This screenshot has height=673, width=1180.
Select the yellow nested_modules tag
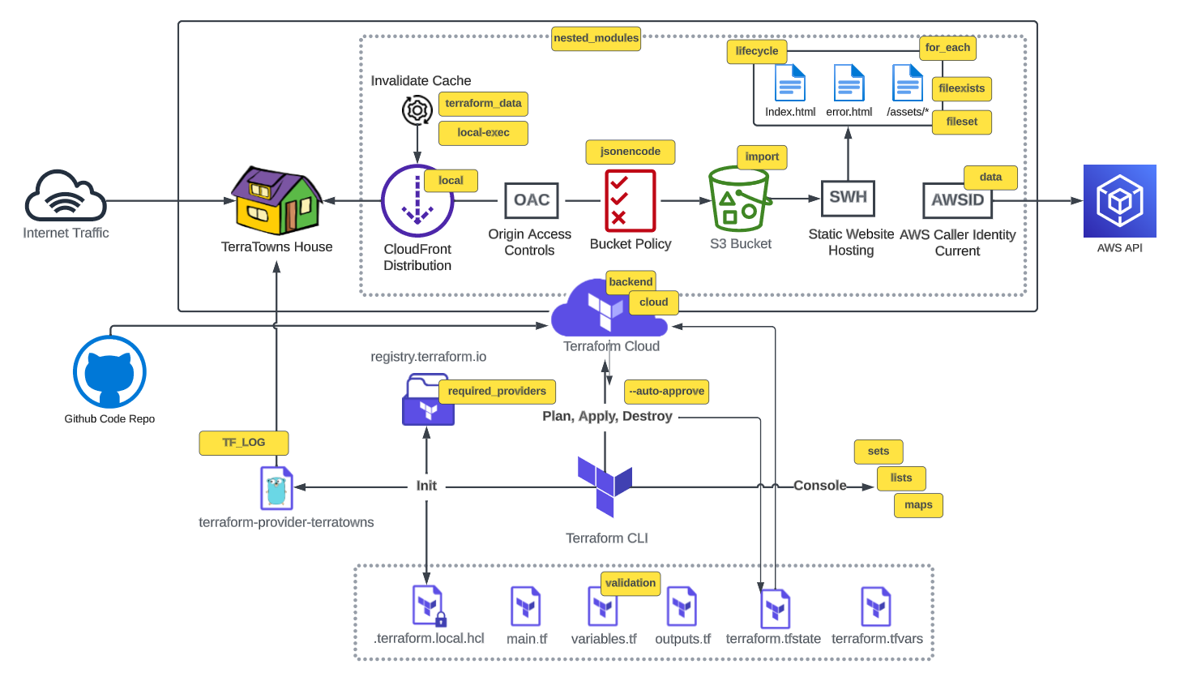pos(596,37)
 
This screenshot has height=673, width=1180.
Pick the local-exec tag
pos(483,133)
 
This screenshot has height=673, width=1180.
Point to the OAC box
pos(532,200)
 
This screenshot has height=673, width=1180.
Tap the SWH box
pos(847,199)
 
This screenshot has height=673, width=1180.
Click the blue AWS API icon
pos(1120,200)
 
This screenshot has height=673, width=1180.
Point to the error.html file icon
pos(849,83)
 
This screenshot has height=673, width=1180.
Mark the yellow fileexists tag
pos(962,88)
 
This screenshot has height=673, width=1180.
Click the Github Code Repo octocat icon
pos(109,372)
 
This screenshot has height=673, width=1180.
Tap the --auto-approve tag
pos(667,392)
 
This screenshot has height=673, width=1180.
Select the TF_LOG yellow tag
pos(244,442)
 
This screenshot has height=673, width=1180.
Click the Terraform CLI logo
pos(605,487)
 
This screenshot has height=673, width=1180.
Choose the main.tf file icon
pos(525,607)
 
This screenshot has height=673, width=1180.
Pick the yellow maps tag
pos(918,504)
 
